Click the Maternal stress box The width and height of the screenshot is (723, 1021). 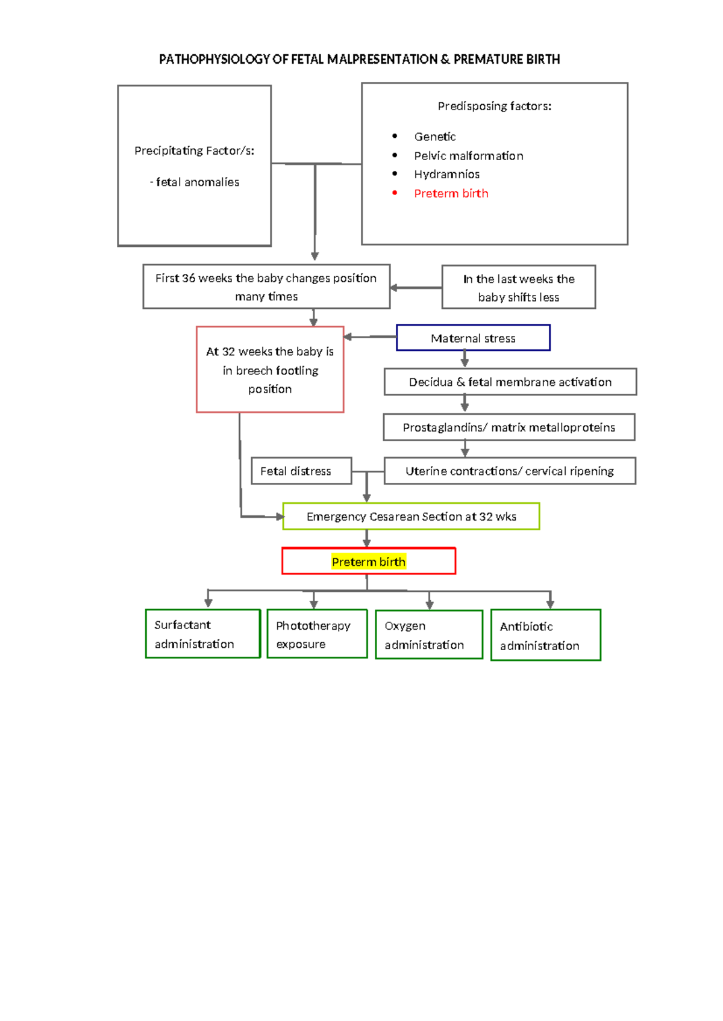pos(473,338)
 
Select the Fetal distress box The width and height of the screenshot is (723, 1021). pos(301,471)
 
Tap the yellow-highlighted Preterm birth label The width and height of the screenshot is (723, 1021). pos(368,562)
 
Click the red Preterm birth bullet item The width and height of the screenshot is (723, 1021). pos(451,193)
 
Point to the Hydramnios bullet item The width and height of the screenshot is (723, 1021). pos(446,174)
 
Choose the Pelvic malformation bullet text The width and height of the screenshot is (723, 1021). pos(468,155)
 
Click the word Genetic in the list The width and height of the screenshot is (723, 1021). pos(434,137)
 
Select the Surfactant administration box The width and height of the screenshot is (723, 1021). pos(202,634)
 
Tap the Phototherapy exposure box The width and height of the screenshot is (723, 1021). pos(317,634)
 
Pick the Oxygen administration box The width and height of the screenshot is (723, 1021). pos(429,635)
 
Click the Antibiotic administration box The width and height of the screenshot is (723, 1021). pos(545,635)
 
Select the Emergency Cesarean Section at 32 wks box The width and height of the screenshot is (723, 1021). pos(411,517)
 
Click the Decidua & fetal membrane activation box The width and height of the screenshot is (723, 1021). pos(510,382)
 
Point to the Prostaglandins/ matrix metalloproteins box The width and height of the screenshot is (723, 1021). pos(509,427)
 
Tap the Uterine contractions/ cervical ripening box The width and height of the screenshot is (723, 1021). pos(509,471)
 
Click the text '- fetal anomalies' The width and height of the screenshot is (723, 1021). pos(195,182)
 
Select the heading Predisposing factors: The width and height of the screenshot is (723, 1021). pos(494,106)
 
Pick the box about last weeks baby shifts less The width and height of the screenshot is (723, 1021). pos(518,287)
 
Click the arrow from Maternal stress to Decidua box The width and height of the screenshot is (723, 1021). pos(465,359)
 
